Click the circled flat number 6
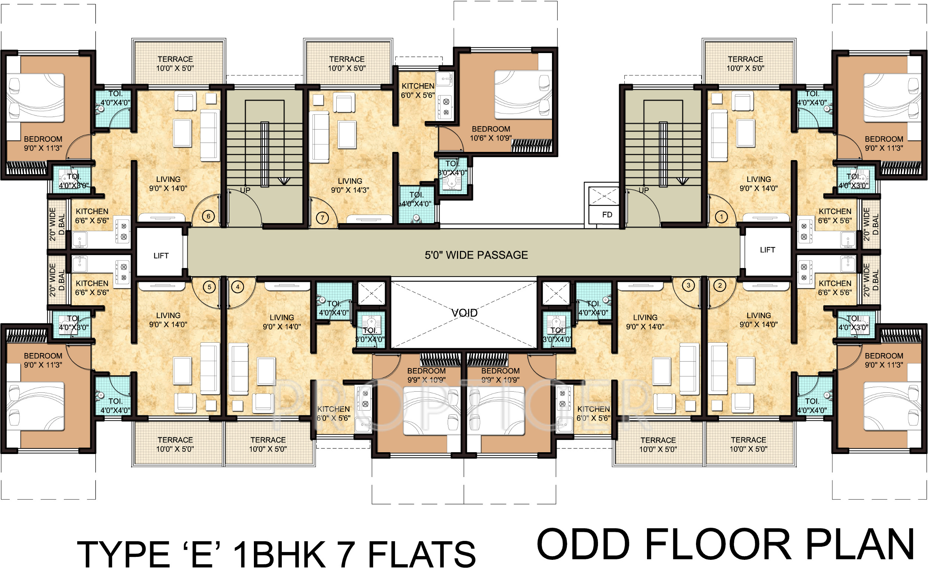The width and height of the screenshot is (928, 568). tap(208, 216)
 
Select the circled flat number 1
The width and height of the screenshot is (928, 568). tap(721, 216)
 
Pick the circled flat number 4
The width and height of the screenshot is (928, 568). tap(238, 287)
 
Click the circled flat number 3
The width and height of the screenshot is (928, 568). tap(689, 285)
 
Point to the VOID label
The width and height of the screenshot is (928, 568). tap(464, 313)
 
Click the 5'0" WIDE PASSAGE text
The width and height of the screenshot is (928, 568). tap(476, 255)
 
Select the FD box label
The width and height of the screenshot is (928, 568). tap(607, 215)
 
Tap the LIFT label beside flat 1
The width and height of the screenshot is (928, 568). tap(767, 250)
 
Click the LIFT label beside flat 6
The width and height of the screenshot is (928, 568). tap(161, 256)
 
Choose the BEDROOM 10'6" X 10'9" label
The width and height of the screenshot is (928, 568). tap(491, 133)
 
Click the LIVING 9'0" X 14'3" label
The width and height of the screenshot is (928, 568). tap(350, 185)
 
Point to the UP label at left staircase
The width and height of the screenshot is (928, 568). tap(245, 190)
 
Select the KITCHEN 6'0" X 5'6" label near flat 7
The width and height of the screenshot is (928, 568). tap(418, 91)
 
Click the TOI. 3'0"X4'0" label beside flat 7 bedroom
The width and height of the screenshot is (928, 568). tap(452, 168)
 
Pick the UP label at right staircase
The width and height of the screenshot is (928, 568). tap(644, 190)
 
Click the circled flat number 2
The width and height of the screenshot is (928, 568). tap(720, 285)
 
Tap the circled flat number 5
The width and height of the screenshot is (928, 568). tap(209, 287)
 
